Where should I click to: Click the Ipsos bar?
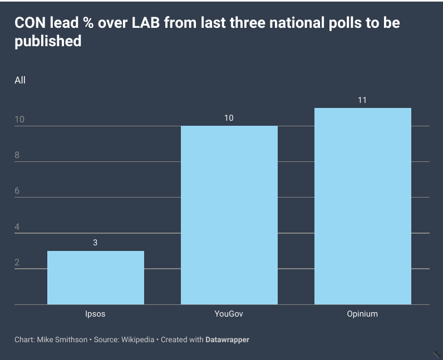click(95, 278)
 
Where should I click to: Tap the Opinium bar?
click(362, 206)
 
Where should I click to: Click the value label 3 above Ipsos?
click(95, 243)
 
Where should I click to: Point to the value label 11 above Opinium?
click(362, 100)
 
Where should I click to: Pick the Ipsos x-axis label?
click(95, 314)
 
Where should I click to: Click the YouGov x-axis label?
click(229, 314)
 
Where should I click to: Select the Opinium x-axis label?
click(362, 314)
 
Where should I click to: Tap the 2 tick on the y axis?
click(17, 262)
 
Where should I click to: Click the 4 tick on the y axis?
click(17, 226)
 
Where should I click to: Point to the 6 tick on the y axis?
click(17, 191)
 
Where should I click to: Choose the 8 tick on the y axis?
click(17, 155)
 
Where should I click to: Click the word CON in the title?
click(29, 23)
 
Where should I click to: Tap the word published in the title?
click(48, 41)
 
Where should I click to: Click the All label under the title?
click(20, 80)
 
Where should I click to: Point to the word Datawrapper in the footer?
click(227, 339)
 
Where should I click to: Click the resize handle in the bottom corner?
click(437, 354)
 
